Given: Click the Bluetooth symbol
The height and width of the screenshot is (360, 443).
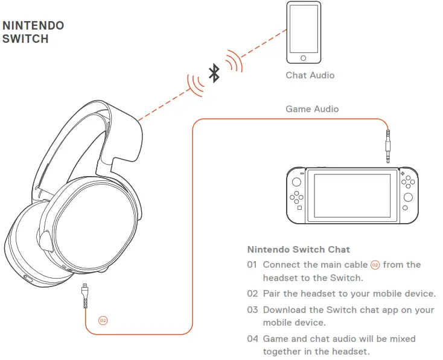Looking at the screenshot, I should (x=214, y=73).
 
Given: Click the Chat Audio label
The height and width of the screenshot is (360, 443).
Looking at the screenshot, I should (x=310, y=75).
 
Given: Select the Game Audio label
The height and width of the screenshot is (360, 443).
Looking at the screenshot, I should (x=312, y=109).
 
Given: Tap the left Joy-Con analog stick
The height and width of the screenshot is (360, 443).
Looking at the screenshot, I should (x=296, y=183).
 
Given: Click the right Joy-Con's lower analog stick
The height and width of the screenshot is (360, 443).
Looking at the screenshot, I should (x=407, y=197).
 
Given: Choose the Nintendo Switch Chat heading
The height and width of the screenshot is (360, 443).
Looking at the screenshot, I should (x=299, y=250).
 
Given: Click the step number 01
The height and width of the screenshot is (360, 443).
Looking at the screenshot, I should (x=252, y=265).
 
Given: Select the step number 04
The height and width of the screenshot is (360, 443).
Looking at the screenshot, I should (x=252, y=339).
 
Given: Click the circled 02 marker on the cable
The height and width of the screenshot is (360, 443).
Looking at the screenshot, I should (x=103, y=320).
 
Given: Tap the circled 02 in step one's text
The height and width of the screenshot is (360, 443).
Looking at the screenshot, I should (x=375, y=265).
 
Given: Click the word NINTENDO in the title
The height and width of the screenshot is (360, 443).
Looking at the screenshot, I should (x=34, y=26).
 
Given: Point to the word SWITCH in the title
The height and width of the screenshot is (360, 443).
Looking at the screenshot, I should (x=26, y=39).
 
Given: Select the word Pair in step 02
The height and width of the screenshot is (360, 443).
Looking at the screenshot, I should (x=272, y=294).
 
